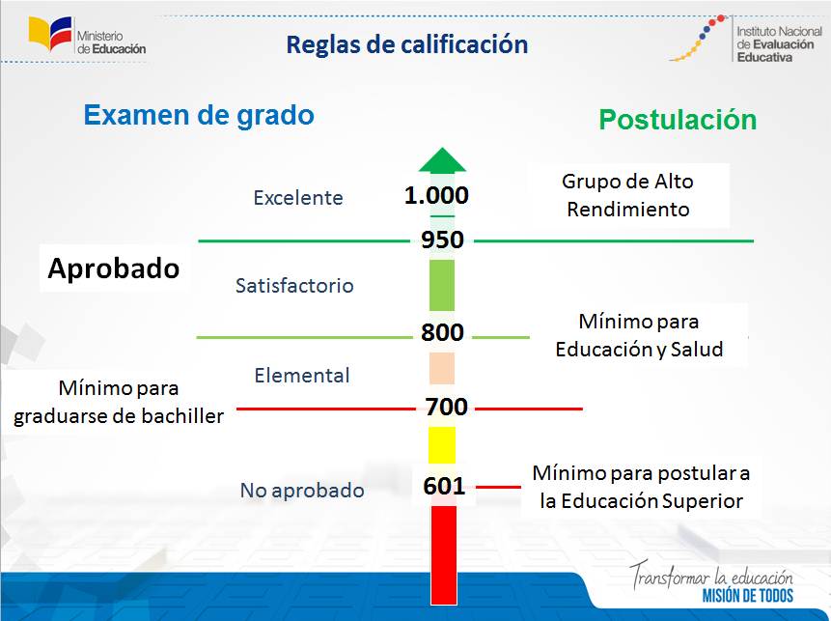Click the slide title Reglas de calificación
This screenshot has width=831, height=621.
407,44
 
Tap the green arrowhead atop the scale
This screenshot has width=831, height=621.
442,159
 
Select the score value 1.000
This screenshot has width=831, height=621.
436,195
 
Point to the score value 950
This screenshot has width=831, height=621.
443,240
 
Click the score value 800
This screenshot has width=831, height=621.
443,332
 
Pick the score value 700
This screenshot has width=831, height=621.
447,407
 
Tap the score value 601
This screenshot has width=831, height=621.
444,486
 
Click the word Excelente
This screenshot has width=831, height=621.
298,198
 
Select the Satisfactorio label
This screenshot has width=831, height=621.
294,286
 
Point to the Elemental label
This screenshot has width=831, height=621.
302,376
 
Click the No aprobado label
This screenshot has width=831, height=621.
302,491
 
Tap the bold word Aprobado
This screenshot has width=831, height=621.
114,268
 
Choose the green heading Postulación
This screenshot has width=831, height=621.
678,120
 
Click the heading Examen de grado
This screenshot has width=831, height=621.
199,115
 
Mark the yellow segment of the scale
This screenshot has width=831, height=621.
442,445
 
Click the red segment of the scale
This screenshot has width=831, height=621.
444,555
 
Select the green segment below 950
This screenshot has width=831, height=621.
442,285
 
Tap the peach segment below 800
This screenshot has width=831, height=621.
442,368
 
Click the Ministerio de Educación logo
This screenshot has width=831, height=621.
88,36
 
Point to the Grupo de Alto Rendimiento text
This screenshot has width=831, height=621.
628,195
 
